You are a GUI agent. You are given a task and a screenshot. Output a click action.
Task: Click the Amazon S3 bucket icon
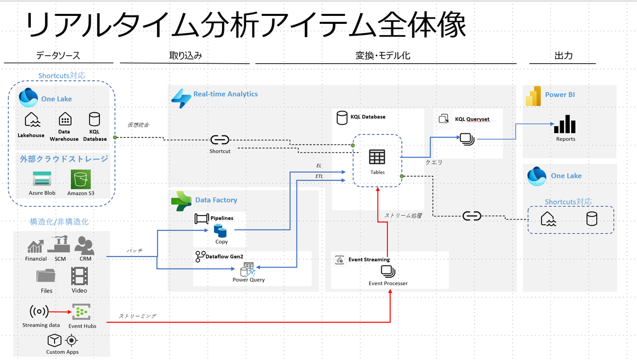tap(81, 179)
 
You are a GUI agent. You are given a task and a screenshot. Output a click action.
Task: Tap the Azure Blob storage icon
tap(42, 179)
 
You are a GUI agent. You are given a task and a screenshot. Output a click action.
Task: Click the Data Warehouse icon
tap(65, 119)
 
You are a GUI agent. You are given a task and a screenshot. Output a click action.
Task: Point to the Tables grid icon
tap(377, 157)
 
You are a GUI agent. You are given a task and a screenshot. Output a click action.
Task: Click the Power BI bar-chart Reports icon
tap(565, 124)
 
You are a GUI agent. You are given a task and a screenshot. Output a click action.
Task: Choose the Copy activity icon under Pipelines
tap(220, 230)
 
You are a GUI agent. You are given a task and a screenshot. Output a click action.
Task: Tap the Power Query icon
tap(248, 269)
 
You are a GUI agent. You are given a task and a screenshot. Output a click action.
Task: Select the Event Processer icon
tap(388, 271)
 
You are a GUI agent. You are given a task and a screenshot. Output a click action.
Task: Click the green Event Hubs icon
tap(81, 312)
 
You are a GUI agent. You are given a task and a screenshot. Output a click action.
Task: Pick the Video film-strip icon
tap(80, 276)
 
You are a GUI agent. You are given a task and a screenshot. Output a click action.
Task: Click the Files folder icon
tap(46, 275)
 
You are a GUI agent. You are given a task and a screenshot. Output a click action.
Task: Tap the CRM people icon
tap(84, 245)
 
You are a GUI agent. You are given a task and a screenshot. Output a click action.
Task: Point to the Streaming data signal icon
tap(39, 311)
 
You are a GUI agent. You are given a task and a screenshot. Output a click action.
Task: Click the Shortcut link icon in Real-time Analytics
tap(220, 140)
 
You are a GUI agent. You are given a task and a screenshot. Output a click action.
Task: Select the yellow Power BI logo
tap(533, 96)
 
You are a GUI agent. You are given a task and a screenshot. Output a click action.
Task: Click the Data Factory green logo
tap(181, 201)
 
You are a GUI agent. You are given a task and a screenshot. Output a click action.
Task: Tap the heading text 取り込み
tap(185, 55)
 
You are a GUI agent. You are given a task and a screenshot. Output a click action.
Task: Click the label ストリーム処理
tap(403, 216)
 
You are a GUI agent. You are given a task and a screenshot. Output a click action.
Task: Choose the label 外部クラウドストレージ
tap(64, 159)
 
